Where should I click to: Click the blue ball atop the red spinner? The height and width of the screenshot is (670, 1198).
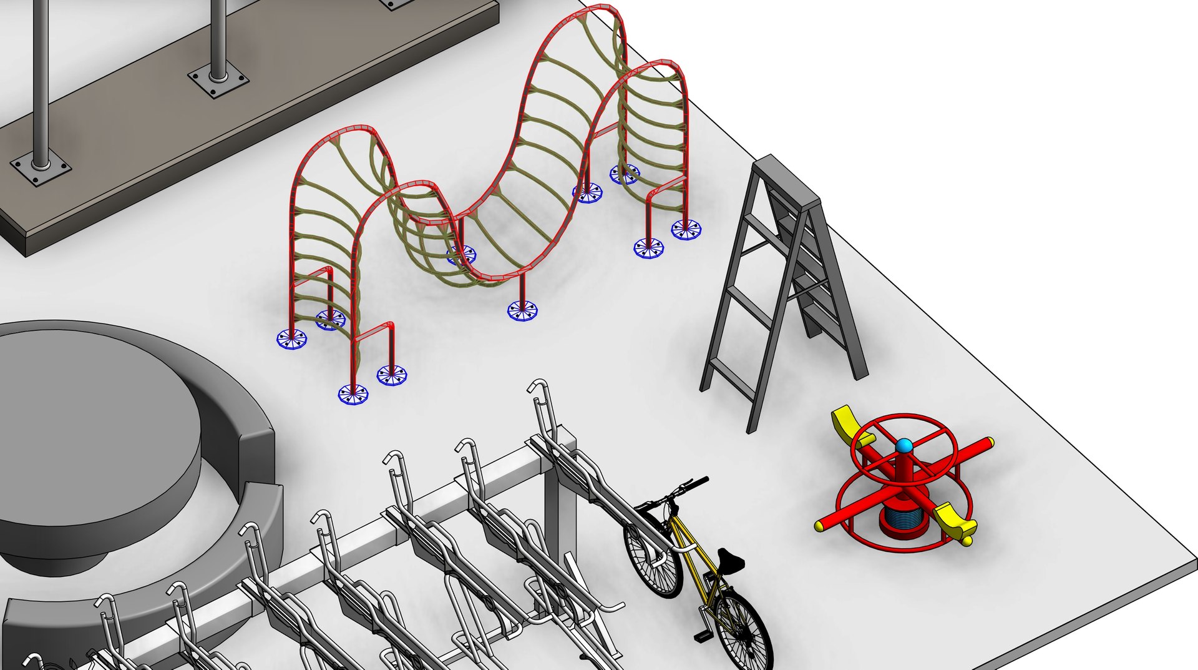[903, 446]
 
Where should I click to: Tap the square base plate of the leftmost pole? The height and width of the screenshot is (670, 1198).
[41, 169]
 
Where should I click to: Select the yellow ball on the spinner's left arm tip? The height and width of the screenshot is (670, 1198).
[820, 526]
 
